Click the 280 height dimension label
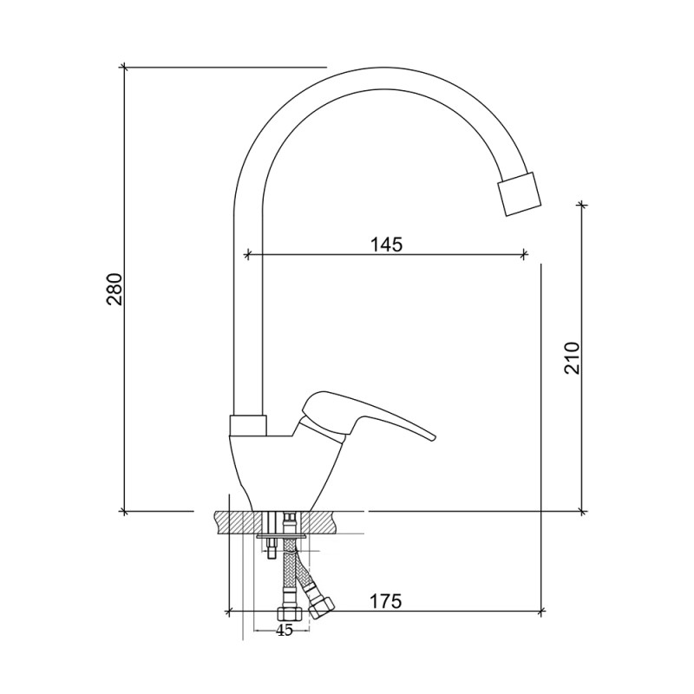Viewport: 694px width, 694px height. coord(115,289)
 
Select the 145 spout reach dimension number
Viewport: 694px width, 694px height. coord(386,244)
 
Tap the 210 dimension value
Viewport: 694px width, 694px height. coord(572,358)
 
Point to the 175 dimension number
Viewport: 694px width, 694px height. coord(385,601)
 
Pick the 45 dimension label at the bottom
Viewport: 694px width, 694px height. coord(285,631)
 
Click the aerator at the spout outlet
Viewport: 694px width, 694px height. coord(520,193)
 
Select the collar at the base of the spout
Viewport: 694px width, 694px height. coord(248,425)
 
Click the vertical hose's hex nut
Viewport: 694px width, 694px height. coord(290,613)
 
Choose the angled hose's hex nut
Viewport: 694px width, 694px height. coord(322,608)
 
